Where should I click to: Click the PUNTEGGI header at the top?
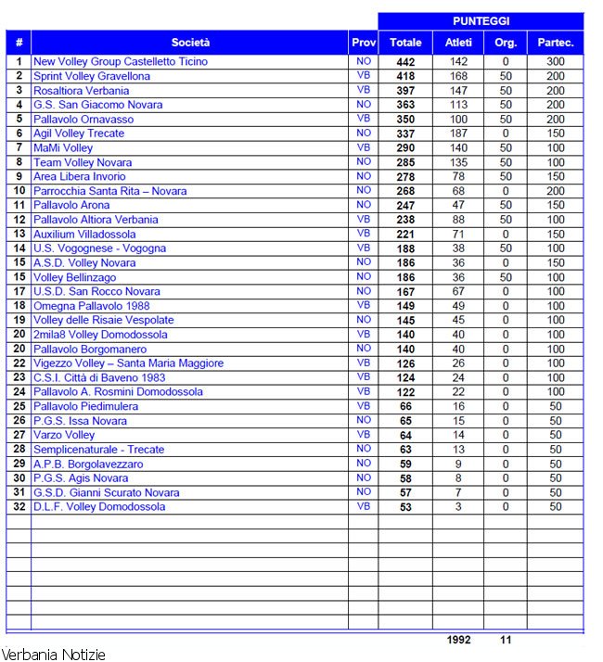pos(481,20)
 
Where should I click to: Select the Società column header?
pos(190,42)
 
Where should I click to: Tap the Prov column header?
pos(364,42)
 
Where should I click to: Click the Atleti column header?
pos(458,42)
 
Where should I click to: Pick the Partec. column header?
pos(556,42)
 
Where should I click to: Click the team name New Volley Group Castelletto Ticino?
pos(121,62)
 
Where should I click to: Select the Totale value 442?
pos(405,62)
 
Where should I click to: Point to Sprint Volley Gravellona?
pos(92,76)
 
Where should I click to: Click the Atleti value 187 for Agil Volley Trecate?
pos(458,134)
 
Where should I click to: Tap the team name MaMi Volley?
pos(63,147)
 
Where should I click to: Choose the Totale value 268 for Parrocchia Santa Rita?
pos(405,191)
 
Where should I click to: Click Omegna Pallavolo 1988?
pos(91,306)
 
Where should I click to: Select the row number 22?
pos(19,363)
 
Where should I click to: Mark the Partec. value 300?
pos(556,62)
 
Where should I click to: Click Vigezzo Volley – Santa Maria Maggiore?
pos(128,363)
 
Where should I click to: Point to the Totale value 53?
pos(405,507)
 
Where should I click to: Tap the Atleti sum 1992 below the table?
pos(458,640)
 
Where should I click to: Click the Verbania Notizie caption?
pos(53,655)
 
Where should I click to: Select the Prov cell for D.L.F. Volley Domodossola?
pos(364,507)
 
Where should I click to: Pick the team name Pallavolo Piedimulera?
pos(85,406)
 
